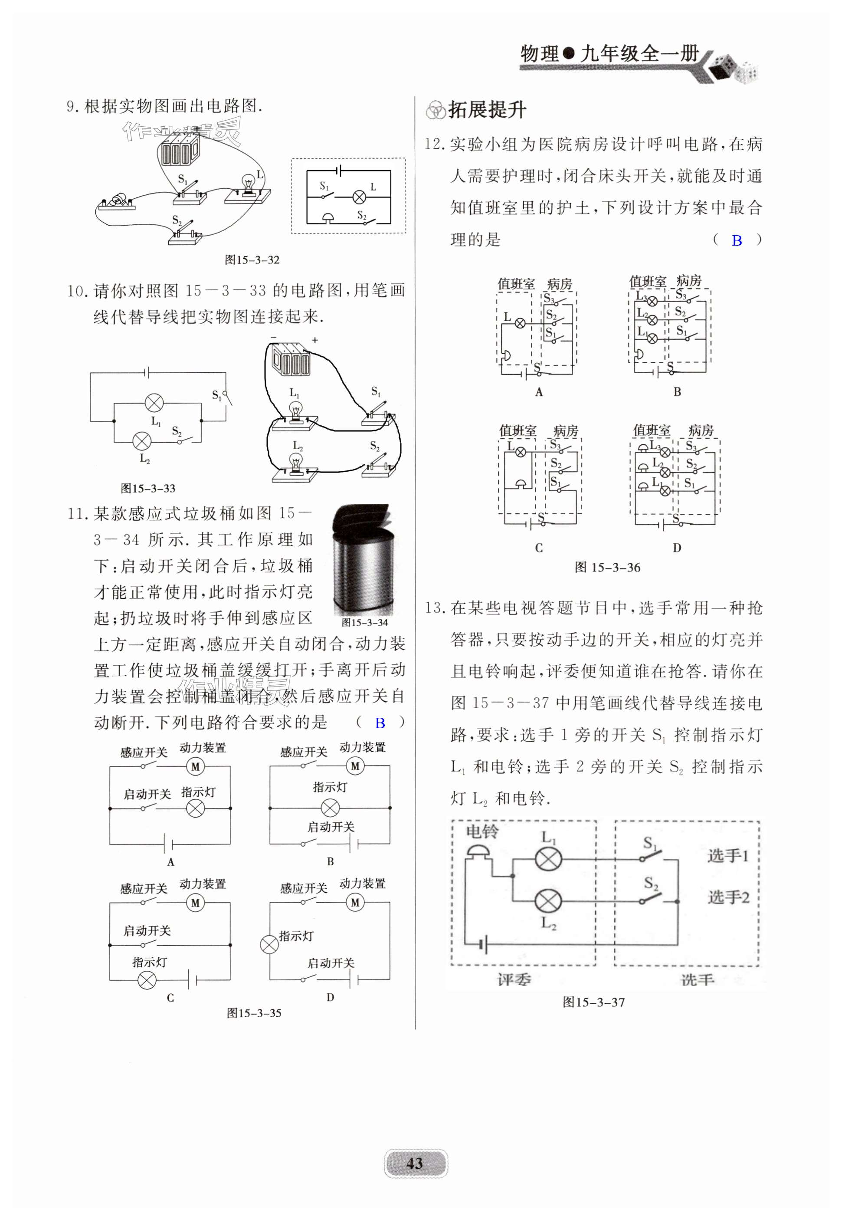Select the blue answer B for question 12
click(x=737, y=241)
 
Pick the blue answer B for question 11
click(x=380, y=723)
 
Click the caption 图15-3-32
click(x=252, y=260)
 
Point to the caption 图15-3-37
click(x=593, y=1002)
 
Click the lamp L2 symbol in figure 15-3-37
click(x=548, y=901)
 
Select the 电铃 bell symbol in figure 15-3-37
click(x=478, y=851)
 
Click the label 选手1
click(x=728, y=855)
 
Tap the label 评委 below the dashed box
click(x=514, y=980)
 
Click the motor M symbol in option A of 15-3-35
click(x=195, y=767)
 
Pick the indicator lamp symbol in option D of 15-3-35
click(x=269, y=945)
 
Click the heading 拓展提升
click(x=486, y=110)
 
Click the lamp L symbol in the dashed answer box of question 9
click(x=359, y=197)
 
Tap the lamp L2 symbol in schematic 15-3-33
click(x=141, y=441)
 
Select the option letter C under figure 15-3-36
click(x=539, y=548)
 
